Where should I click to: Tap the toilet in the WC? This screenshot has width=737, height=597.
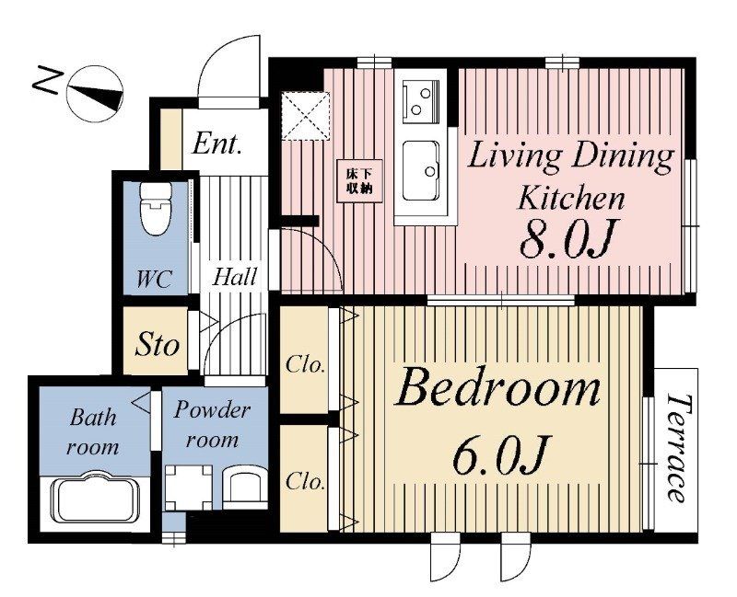(156, 209)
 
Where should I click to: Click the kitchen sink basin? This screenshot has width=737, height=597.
(421, 171)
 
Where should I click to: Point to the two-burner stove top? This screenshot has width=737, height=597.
(421, 101)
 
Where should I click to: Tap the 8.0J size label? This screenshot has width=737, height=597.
(567, 240)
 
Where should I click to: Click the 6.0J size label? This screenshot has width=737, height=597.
(501, 454)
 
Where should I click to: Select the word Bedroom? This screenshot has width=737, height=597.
(498, 387)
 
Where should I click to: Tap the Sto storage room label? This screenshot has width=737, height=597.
(157, 345)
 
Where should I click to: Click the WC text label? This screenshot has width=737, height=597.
(154, 279)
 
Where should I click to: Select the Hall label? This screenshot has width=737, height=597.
(235, 276)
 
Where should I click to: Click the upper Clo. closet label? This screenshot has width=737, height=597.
(306, 364)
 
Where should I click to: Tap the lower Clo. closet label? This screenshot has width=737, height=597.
(306, 480)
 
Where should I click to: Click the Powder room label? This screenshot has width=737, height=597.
(212, 425)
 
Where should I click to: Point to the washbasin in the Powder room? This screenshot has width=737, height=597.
(244, 488)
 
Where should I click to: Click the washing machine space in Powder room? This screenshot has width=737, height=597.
(188, 488)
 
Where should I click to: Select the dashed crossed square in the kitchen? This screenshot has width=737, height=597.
(306, 116)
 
